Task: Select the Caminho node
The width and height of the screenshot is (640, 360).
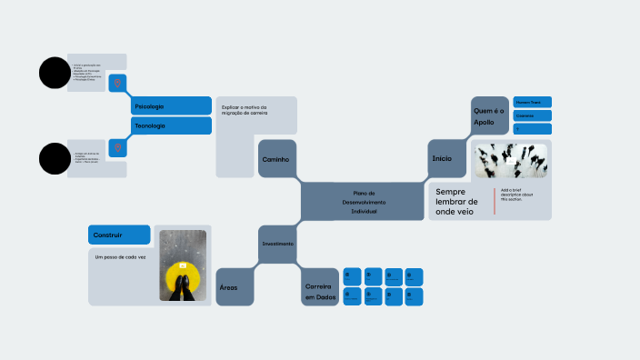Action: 276,159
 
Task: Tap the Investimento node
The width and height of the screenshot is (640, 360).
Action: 277,244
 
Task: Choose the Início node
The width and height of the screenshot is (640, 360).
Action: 442,158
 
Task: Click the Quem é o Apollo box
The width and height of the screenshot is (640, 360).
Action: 489,115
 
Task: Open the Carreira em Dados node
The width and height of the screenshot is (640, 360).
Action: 320,291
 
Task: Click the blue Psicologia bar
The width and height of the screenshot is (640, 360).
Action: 171,106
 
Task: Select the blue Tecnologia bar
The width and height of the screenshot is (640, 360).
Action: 171,125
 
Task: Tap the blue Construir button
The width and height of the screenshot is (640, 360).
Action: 118,235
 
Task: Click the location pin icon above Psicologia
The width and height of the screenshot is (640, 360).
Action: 116,84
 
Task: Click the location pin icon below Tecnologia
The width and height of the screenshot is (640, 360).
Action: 116,147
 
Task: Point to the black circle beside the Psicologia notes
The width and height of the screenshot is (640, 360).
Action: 54,73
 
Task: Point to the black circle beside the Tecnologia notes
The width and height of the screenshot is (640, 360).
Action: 54,158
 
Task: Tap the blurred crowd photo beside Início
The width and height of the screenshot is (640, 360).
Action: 511,160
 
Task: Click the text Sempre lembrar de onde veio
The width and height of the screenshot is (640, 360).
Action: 462,202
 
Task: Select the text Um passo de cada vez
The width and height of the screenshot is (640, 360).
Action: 120,257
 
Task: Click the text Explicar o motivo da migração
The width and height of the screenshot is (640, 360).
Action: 245,110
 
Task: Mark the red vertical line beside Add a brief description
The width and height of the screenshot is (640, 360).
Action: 495,201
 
